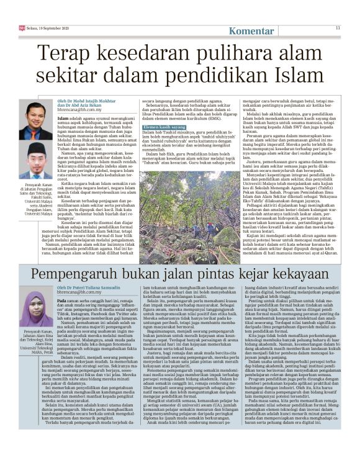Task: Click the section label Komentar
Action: (252, 30)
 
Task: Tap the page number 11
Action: (338, 28)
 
